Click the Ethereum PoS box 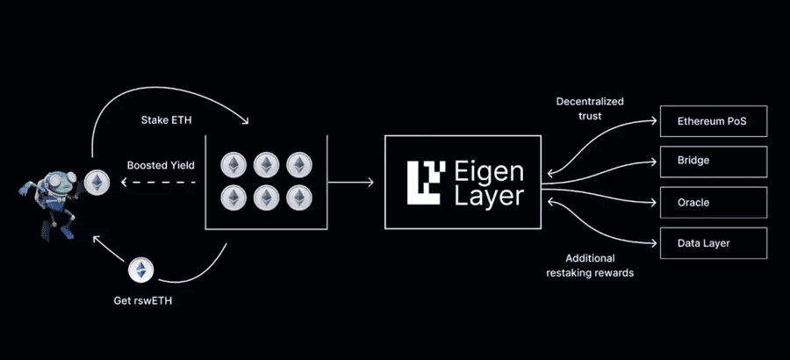[714, 120]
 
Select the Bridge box [714, 162]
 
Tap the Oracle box [714, 203]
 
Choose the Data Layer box [714, 243]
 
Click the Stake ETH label [165, 119]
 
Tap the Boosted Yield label [160, 164]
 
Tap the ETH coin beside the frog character [97, 182]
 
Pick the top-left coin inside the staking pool [233, 165]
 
